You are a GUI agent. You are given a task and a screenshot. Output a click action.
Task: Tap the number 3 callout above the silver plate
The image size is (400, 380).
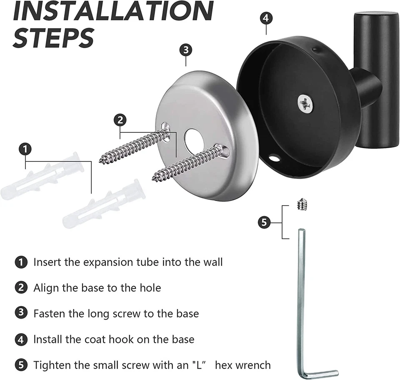pos(186,50)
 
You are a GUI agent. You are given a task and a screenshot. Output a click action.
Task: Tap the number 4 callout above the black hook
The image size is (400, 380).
pos(267,18)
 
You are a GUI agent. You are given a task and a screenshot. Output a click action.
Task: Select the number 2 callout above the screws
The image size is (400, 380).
pos(120,121)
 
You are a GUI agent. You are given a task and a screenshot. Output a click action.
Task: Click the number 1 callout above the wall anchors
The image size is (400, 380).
pos(26,149)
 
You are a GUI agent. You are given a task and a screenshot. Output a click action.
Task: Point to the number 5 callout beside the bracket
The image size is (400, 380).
pos(264,222)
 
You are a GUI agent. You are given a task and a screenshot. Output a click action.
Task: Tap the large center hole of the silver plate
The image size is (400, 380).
pos(194,141)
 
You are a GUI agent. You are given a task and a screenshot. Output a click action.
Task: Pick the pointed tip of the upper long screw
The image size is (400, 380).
pos(101,160)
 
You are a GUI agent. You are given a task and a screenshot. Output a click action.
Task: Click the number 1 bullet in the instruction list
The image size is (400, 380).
pos(21,262)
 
